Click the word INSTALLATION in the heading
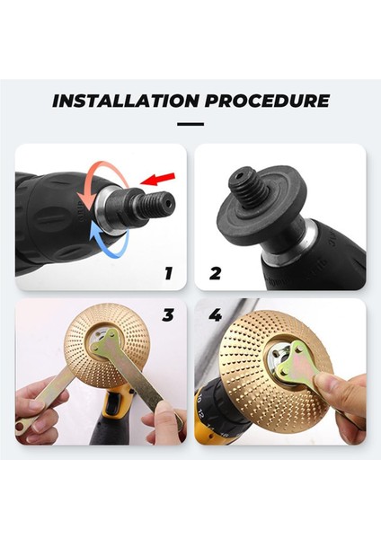[126, 101]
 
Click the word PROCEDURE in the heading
[267, 101]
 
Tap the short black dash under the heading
[190, 124]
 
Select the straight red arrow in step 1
[158, 179]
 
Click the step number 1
[168, 274]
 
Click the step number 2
[216, 274]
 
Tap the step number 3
[168, 315]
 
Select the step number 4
[216, 315]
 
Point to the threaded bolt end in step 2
[248, 183]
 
